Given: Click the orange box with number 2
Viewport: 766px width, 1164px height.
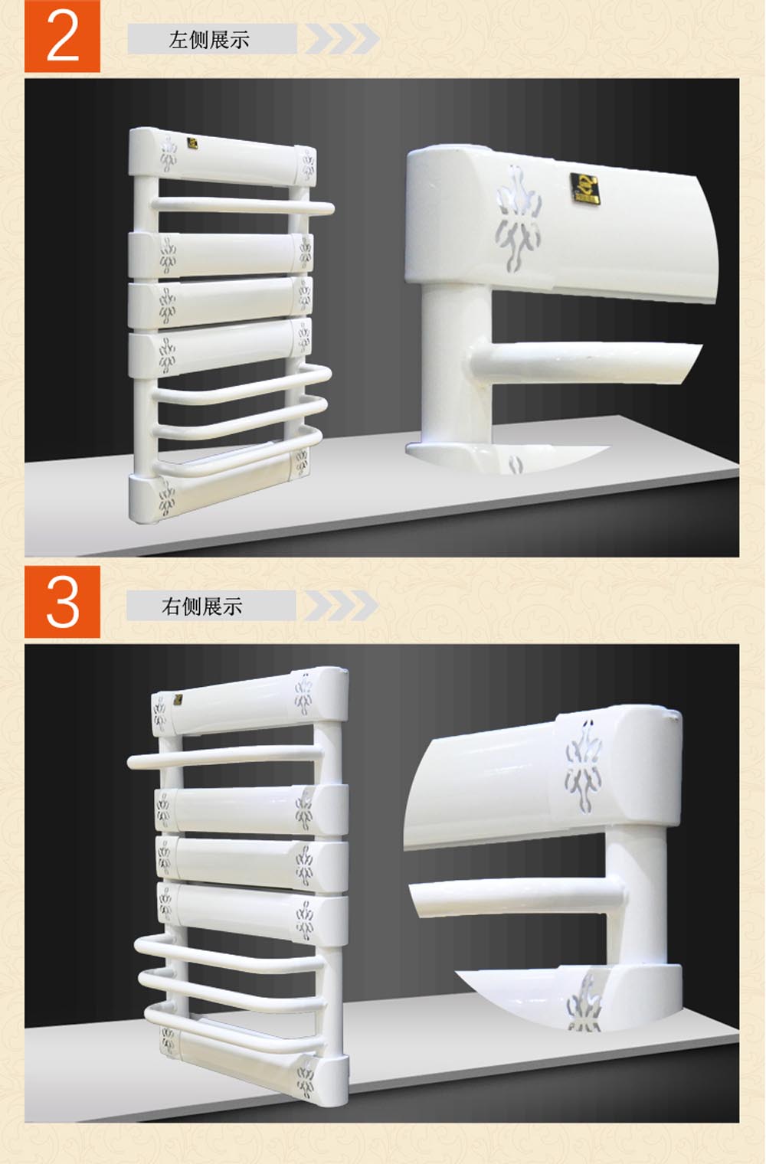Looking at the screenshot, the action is [x=62, y=36].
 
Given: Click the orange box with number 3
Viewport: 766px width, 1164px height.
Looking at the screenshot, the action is [x=62, y=602].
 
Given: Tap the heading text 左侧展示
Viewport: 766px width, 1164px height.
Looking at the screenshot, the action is [x=209, y=40].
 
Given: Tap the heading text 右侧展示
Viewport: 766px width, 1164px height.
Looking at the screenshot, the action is [x=201, y=606].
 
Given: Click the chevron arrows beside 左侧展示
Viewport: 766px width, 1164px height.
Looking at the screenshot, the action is [x=342, y=38].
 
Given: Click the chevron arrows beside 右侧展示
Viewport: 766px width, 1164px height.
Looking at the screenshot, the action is [x=341, y=606].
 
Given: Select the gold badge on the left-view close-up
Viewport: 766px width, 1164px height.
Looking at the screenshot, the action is [x=584, y=188].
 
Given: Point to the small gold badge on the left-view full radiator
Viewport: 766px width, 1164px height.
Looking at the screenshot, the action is [x=193, y=142].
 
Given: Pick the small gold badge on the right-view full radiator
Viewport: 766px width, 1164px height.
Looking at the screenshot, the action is [x=177, y=700].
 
